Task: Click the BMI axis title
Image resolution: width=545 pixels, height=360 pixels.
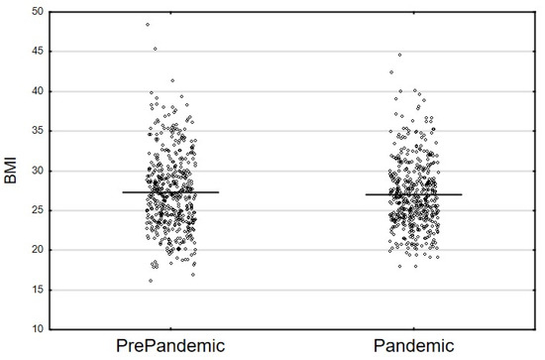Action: (x=12, y=170)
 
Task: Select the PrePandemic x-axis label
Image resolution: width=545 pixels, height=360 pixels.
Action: (x=169, y=346)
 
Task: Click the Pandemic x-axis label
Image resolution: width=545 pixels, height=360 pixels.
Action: (x=413, y=346)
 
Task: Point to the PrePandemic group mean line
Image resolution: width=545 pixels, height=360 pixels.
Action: (x=169, y=192)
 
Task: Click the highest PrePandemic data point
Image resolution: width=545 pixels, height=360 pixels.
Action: (x=148, y=24)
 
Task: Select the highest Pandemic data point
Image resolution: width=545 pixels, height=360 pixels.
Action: (x=399, y=55)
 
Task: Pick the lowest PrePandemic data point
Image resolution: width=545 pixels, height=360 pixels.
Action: (x=151, y=281)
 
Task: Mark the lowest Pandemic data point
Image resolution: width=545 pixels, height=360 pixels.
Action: (x=400, y=266)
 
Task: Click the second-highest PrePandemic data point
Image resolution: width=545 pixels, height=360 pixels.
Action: (x=156, y=48)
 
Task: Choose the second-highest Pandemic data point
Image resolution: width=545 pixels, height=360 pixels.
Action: (x=390, y=71)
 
